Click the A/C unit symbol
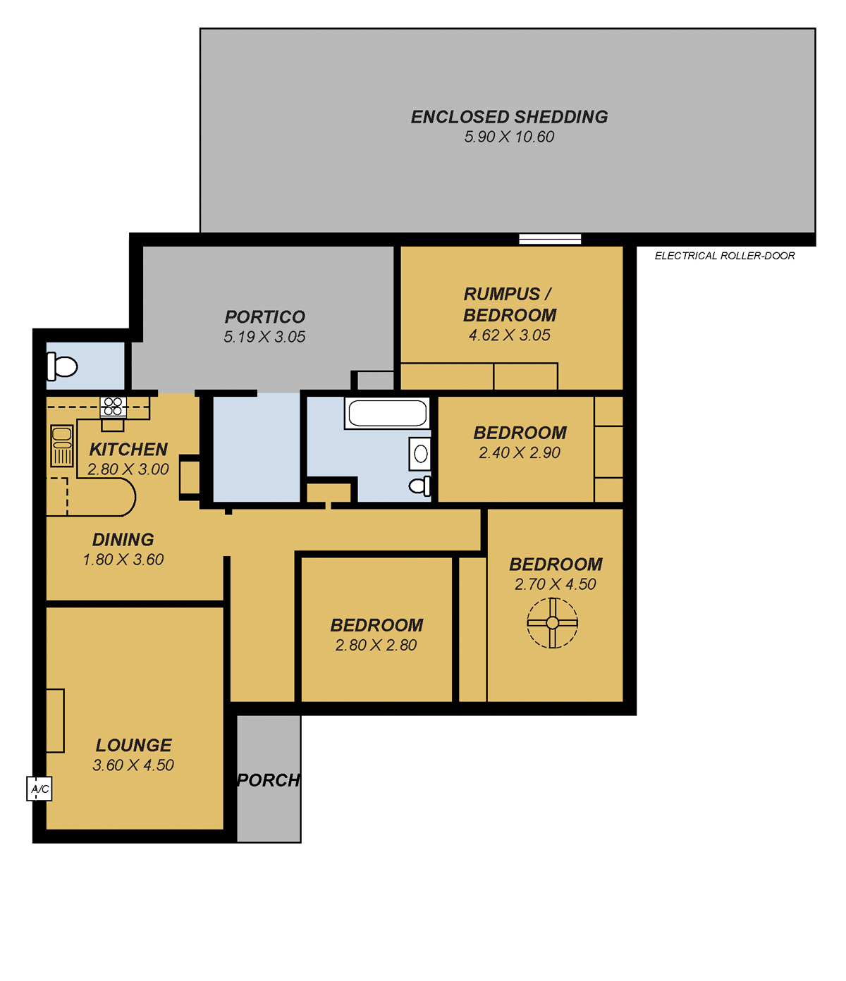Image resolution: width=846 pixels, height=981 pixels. pyautogui.click(x=39, y=789)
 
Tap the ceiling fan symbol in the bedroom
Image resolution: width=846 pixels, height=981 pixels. pyautogui.click(x=552, y=623)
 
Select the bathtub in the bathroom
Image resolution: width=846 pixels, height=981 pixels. pyautogui.click(x=387, y=413)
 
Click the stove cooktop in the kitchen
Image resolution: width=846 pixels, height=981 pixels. pyautogui.click(x=113, y=407)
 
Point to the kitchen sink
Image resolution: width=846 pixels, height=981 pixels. pyautogui.click(x=62, y=446)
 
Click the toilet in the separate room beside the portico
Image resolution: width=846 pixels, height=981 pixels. pyautogui.click(x=62, y=366)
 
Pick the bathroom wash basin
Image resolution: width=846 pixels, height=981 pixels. pyautogui.click(x=420, y=454)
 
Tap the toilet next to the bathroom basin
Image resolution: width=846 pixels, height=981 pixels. pyautogui.click(x=419, y=486)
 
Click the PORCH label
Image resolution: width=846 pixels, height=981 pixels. pyautogui.click(x=268, y=780)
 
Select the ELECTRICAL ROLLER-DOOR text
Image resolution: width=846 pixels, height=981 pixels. pyautogui.click(x=725, y=256)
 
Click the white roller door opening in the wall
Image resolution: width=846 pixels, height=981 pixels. pyautogui.click(x=550, y=239)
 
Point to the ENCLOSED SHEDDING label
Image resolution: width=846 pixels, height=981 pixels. pyautogui.click(x=509, y=117)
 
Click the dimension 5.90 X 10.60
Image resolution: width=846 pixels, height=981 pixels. pyautogui.click(x=509, y=137)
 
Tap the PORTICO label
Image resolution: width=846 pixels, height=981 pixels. pyautogui.click(x=264, y=316)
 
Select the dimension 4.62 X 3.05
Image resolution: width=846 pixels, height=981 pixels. pyautogui.click(x=510, y=335)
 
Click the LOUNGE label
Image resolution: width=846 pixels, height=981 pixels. pyautogui.click(x=133, y=745)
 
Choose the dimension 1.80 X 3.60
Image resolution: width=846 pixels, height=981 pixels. pyautogui.click(x=123, y=560)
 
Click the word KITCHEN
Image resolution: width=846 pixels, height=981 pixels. pyautogui.click(x=128, y=449)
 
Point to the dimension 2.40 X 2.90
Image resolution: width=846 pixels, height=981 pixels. pyautogui.click(x=520, y=452)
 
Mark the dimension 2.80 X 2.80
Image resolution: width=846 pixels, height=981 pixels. pyautogui.click(x=376, y=645)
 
